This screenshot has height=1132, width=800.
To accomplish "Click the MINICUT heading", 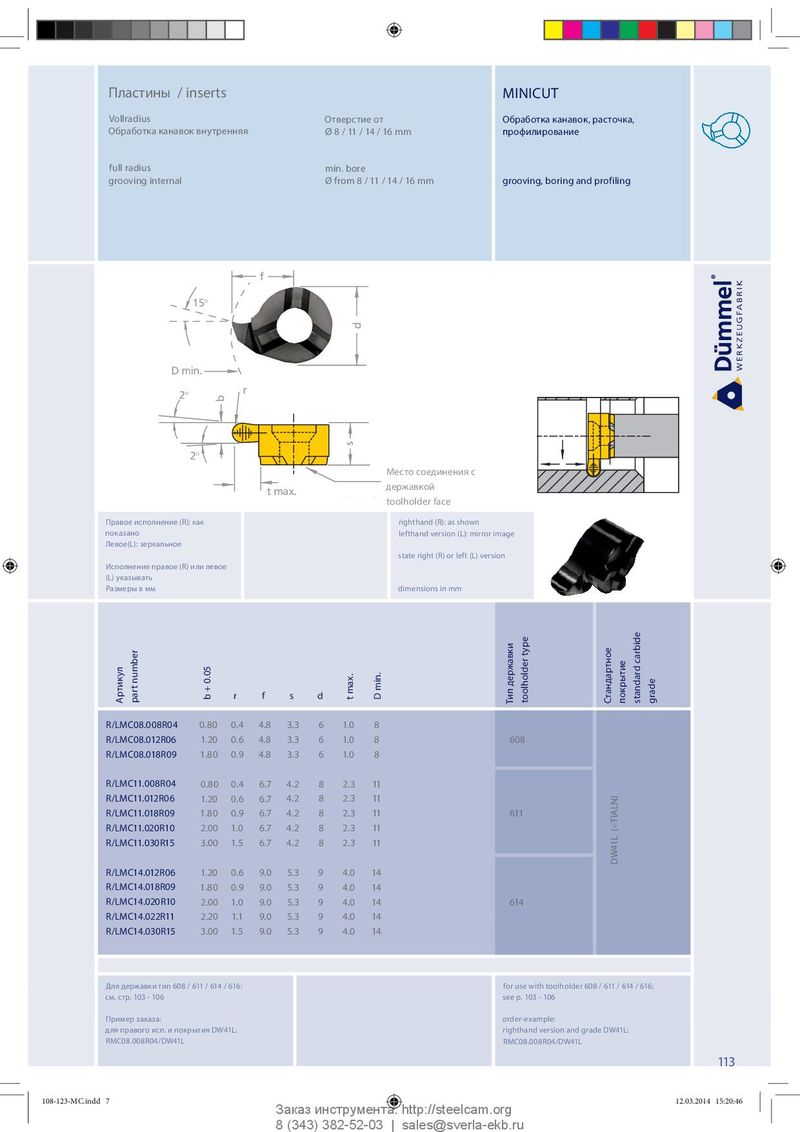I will click(530, 93).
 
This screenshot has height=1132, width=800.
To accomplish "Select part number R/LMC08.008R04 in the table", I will click(141, 724).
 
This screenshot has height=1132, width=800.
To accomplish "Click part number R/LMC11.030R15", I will click(141, 843).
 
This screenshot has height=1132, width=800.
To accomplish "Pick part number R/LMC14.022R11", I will click(140, 917).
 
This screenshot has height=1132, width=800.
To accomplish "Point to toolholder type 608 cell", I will click(517, 740).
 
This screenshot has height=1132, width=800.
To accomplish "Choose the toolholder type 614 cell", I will click(517, 903).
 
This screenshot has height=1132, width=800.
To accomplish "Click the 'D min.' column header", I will click(378, 687).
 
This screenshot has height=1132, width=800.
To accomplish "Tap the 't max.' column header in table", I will click(349, 687).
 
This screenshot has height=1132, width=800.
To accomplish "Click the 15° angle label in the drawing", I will click(200, 302).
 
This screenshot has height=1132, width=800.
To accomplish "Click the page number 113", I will click(726, 1062).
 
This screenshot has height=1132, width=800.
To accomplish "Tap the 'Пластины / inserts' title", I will click(167, 93).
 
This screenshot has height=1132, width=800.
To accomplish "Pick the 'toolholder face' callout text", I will click(418, 501).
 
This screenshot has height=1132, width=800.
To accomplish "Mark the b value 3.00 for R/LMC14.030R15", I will click(209, 932).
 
